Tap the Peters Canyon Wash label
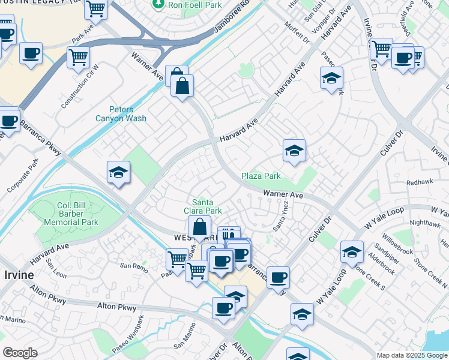tap(121, 114)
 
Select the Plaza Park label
tap(261, 176)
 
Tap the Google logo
tap(19, 352)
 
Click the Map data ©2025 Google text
tap(411, 355)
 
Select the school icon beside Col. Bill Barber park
tap(118, 173)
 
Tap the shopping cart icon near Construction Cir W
tap(78, 58)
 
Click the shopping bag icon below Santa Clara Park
tap(199, 227)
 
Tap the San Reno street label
tap(133, 265)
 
